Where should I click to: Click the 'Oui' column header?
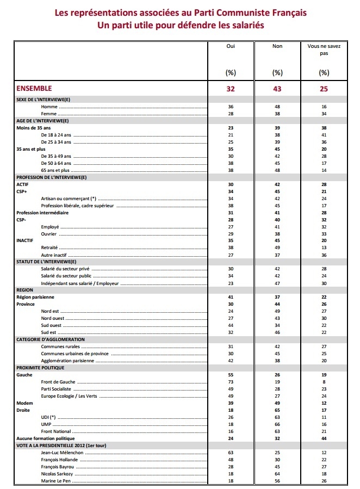(x=231, y=47)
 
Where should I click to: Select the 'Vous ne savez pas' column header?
(x=324, y=50)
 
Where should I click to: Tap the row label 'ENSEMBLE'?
(x=34, y=88)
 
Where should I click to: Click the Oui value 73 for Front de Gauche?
(x=231, y=382)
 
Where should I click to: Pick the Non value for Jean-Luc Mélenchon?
(x=277, y=453)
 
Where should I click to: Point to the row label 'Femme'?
(x=49, y=114)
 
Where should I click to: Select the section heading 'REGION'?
(x=25, y=290)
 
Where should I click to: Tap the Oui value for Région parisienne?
(x=231, y=298)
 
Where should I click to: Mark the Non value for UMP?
(x=277, y=424)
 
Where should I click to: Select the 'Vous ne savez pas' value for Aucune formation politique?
(x=324, y=438)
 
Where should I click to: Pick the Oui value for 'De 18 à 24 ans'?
(x=231, y=135)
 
